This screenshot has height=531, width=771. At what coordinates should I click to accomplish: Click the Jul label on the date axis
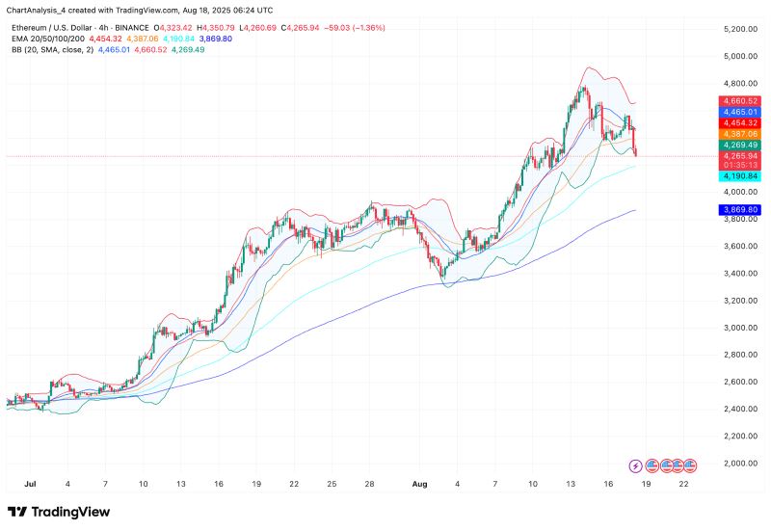pos(30,482)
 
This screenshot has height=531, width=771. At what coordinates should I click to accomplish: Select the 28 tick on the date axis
pos(369,482)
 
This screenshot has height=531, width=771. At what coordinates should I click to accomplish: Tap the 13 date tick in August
pos(572,482)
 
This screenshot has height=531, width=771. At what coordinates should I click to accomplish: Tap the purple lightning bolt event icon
pos(636,465)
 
